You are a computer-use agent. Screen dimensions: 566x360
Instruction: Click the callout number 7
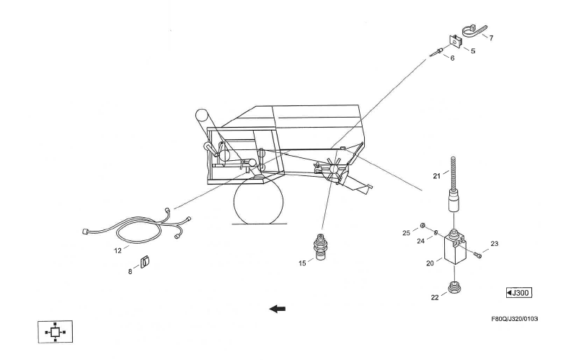pos(491,38)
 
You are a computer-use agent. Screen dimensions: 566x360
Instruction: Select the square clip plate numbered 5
pos(456,41)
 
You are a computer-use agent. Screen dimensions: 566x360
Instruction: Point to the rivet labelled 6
pos(436,53)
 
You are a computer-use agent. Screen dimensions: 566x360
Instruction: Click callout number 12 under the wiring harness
pos(118,250)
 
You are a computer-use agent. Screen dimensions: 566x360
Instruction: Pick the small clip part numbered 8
pos(145,262)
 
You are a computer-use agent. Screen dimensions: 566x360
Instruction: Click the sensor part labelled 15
pos(319,247)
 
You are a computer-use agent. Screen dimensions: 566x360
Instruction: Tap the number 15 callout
pos(302,263)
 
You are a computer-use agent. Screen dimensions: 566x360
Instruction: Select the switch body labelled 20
pos(454,248)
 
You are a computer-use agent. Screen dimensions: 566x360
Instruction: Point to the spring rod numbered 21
pos(454,184)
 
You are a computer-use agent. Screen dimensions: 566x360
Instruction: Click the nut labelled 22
pos(454,288)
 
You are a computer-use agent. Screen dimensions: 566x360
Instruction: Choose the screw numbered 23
pos(478,255)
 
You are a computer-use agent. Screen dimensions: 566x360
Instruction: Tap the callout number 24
pos(421,241)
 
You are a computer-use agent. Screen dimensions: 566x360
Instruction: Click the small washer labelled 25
pos(422,226)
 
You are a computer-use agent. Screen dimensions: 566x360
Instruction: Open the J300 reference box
pos(519,292)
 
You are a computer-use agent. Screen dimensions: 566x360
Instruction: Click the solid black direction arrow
pos(278,309)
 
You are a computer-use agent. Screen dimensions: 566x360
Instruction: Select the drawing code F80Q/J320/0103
pos(515,319)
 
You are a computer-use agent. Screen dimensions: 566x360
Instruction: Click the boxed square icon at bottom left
pos(56,332)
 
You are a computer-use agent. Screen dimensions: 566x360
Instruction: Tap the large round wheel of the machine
pos(258,201)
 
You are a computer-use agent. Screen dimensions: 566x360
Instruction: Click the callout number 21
pos(437,176)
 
